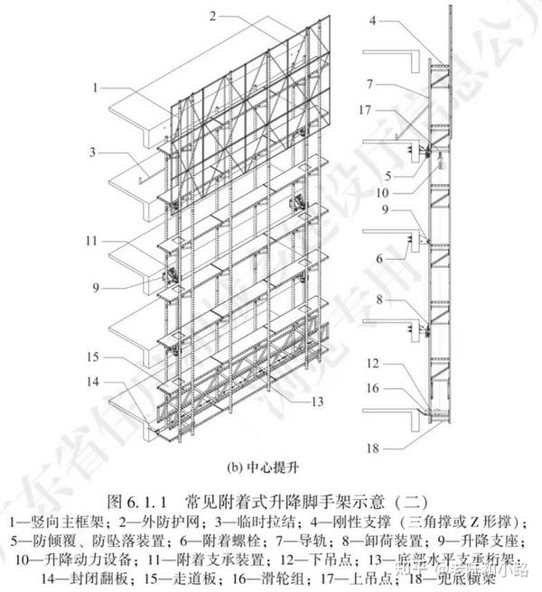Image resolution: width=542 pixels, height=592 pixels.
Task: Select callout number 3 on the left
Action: (94, 153)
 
